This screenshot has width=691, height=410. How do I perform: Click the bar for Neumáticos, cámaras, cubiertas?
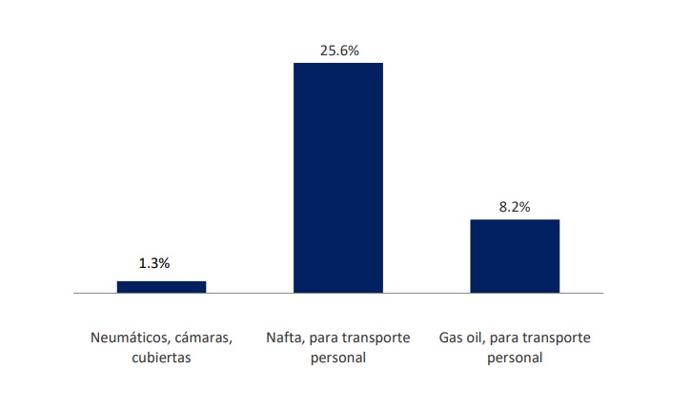click(161, 286)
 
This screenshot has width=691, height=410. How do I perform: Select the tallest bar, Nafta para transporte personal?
click(337, 177)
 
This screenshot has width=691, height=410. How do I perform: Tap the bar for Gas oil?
click(514, 256)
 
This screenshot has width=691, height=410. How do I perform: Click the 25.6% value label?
click(339, 51)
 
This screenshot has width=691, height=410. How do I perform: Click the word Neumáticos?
click(126, 338)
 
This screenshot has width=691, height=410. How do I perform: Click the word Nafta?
click(282, 338)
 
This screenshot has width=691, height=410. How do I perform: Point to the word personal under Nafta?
click(338, 359)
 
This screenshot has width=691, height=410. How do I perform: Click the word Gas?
click(451, 338)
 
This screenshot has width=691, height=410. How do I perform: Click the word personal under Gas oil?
click(515, 359)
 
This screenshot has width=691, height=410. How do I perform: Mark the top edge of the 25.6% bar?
click(337, 64)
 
